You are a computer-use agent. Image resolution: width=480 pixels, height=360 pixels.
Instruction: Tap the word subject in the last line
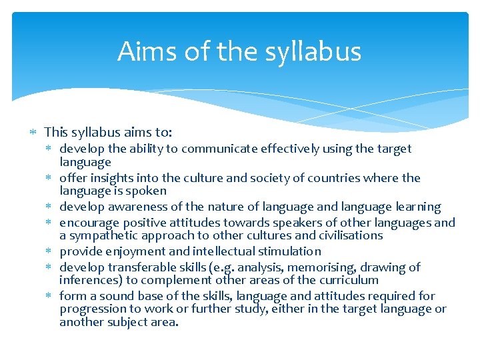click(x=129, y=323)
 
